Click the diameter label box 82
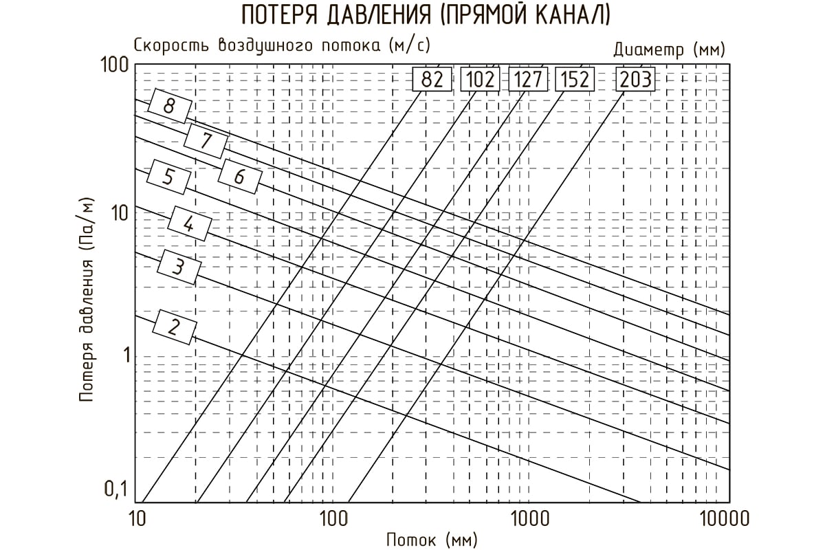(432, 79)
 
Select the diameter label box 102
(481, 79)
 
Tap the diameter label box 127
(528, 79)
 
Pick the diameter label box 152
(575, 79)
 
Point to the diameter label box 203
(636, 79)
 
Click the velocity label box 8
(170, 106)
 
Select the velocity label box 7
(206, 141)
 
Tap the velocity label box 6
(240, 177)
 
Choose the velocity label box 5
(168, 177)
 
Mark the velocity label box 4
(190, 223)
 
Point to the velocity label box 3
(179, 267)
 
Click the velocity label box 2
(174, 327)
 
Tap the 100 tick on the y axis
(115, 65)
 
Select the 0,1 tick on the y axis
(115, 489)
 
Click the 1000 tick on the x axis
(529, 519)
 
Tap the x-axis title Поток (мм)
(432, 540)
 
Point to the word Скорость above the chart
(171, 45)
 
